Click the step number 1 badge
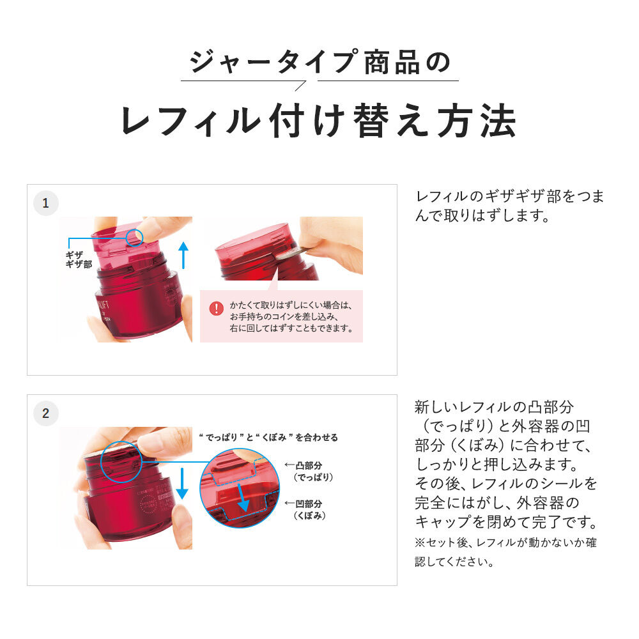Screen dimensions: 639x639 point(45,203)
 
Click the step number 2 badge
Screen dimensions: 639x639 point(45,413)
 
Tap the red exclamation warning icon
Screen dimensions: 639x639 point(217,309)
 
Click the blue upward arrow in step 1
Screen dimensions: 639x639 point(183,254)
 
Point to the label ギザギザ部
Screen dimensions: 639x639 point(79,259)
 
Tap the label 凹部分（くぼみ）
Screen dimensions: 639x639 point(309,509)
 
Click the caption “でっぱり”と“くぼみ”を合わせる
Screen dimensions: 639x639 point(268,438)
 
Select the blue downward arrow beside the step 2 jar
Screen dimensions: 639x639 point(182,483)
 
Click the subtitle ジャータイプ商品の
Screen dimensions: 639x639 point(319,62)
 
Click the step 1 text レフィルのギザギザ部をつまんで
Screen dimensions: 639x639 point(509,206)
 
